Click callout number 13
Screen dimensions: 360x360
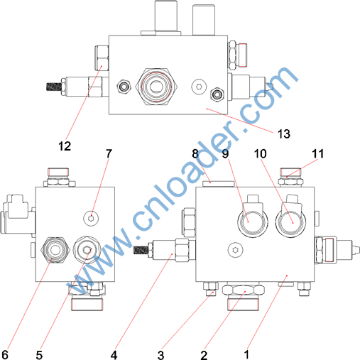284,134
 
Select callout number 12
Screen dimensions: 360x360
65,146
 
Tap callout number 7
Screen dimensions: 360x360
109,153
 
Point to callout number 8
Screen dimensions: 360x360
195,153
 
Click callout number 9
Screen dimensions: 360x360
225,153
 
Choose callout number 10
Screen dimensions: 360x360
260,153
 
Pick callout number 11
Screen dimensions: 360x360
317,153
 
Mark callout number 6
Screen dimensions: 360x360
5,355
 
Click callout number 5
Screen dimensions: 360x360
39,355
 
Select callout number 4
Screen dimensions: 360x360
114,355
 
